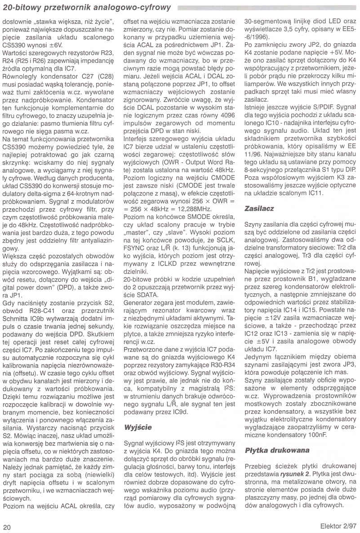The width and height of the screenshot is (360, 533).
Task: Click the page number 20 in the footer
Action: pos(7,526)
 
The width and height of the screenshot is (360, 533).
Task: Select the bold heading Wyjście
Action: pos(138,426)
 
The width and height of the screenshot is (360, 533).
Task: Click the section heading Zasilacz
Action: pos(259,209)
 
